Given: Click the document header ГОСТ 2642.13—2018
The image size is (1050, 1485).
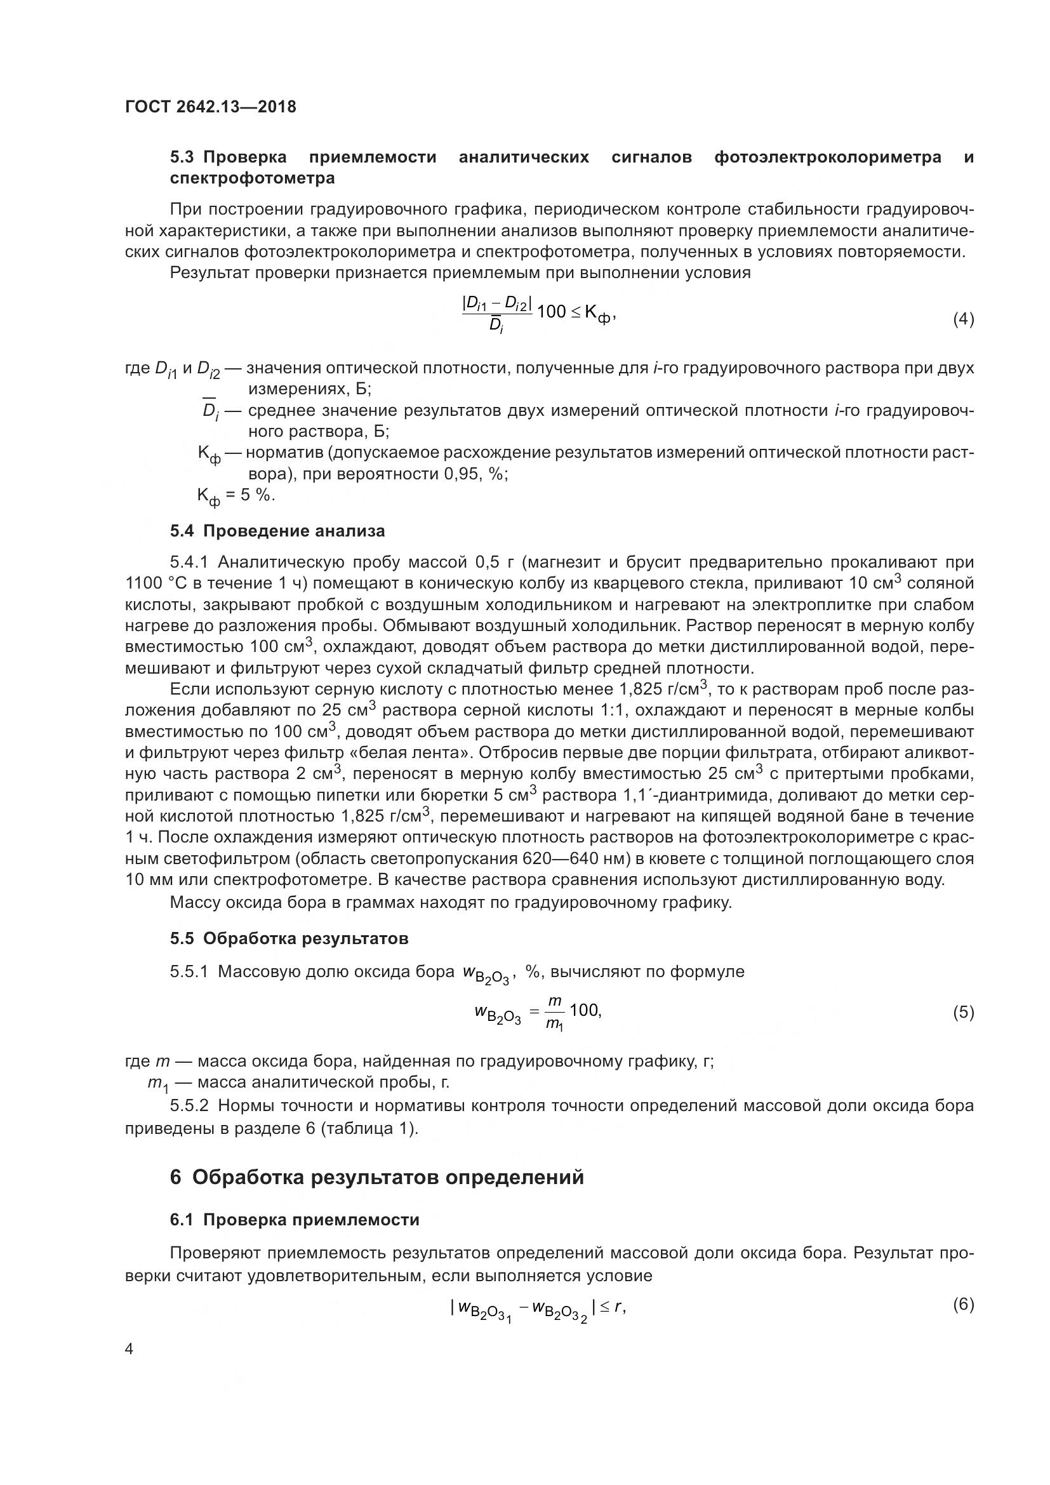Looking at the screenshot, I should point(211,107).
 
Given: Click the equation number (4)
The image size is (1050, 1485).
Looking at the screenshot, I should point(963,319).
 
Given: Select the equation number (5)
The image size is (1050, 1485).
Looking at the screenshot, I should point(963,1012).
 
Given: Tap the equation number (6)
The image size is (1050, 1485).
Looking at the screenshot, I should point(963,1304).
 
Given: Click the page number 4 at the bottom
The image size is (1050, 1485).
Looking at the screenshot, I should point(130,1348).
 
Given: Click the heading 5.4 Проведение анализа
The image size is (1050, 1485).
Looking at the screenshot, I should point(277,531).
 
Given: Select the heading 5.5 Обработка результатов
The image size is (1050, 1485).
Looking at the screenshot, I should point(289,938).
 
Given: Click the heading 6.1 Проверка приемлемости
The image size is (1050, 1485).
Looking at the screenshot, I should point(295,1220).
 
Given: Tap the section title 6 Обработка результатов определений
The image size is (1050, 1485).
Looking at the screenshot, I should point(377,1177).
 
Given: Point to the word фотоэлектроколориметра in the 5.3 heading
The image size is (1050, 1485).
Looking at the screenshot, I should point(828,157).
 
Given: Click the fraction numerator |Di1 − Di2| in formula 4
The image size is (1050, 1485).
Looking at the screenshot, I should point(496,302).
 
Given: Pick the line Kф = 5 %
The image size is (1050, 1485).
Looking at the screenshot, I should point(236,496).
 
